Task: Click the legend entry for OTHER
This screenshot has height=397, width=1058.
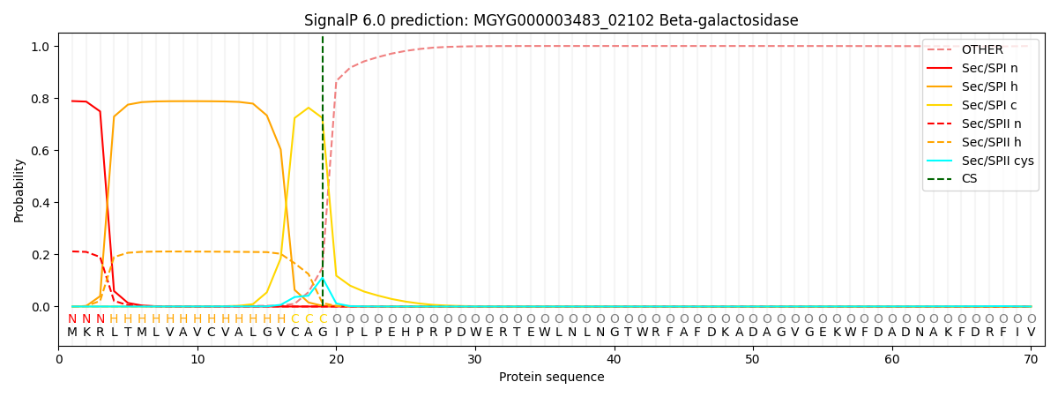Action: coord(979,50)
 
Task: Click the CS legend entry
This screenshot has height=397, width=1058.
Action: coord(969,179)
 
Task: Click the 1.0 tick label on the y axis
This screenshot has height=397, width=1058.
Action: coord(41,47)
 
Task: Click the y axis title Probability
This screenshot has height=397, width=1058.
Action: coord(19,190)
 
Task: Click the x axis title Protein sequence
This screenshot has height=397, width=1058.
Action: coord(551,378)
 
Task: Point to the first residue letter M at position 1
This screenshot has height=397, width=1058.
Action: coord(72,332)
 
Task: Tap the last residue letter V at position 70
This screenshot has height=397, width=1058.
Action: coord(1031,332)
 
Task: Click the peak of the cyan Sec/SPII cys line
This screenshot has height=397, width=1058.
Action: coord(323,278)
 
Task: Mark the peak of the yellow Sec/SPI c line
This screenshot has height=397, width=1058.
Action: coord(309,108)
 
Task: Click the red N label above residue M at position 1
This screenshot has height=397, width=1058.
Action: coord(72,318)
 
